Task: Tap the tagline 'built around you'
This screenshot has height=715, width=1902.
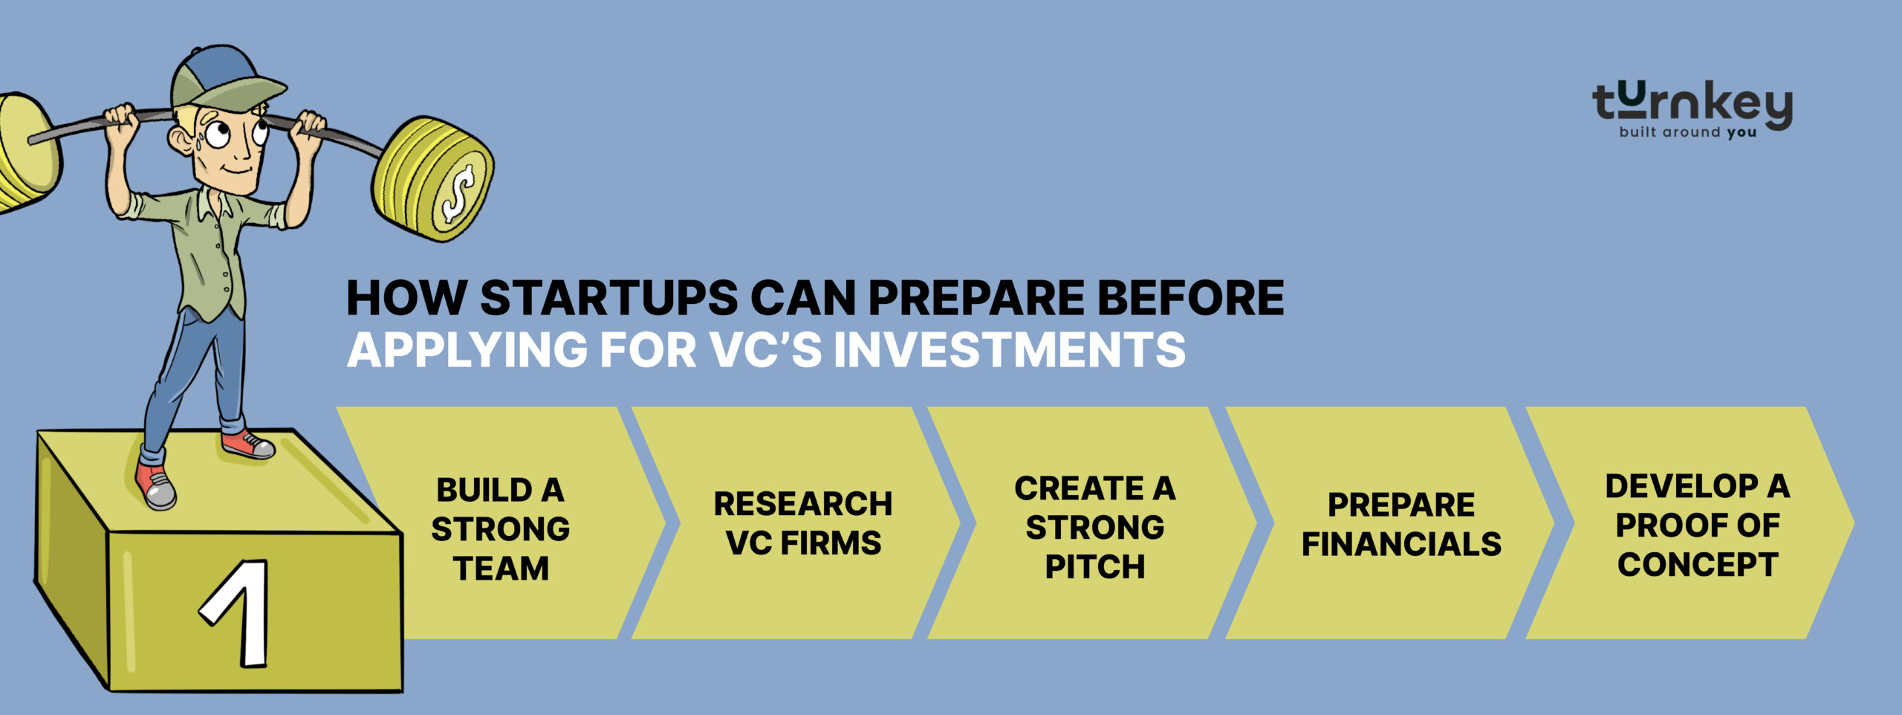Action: tap(1688, 132)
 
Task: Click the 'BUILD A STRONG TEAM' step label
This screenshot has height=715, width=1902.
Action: tap(501, 529)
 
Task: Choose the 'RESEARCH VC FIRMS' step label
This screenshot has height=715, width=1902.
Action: tap(803, 523)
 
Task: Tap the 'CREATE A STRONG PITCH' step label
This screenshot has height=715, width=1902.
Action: tap(1095, 528)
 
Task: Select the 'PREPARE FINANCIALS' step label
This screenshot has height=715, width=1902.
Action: tap(1401, 524)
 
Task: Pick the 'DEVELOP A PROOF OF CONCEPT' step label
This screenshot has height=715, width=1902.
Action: tap(1698, 525)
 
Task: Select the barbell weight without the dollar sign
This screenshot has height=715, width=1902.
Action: tap(27, 152)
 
